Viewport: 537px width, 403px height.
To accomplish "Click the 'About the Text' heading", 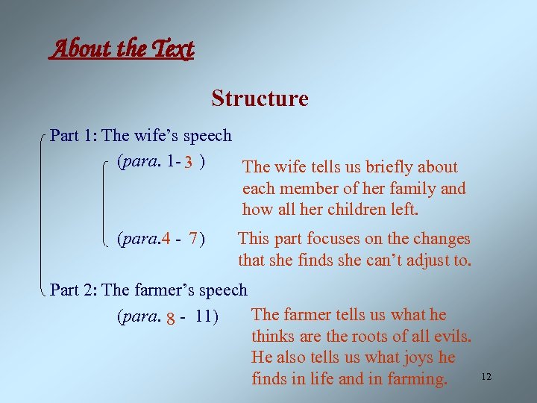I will pos(124,49).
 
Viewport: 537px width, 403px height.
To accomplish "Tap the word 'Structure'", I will pos(260,99).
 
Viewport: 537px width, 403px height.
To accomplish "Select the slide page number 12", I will pos(486,377).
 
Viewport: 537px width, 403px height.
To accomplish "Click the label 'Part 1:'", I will pos(74,136).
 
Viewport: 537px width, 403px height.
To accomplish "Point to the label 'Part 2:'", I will pos(74,290).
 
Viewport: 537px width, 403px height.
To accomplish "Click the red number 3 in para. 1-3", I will pos(190,162).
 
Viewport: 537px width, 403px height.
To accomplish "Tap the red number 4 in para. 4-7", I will pos(166,240).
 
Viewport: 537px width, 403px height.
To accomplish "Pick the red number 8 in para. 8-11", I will pos(172,318).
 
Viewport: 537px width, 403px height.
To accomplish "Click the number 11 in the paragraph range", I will pos(203,316).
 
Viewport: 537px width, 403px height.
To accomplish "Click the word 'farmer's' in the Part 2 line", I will pos(169,290).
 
